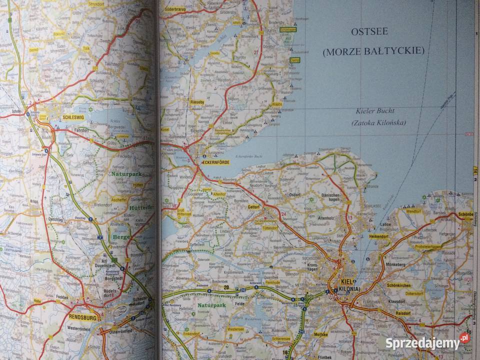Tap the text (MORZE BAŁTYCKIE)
point(373,51)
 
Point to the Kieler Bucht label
point(376,111)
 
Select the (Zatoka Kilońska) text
point(378,123)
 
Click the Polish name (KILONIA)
point(348,289)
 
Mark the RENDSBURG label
point(82,317)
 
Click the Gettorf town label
point(254,206)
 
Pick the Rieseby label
point(197,102)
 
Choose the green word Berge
point(121,237)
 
